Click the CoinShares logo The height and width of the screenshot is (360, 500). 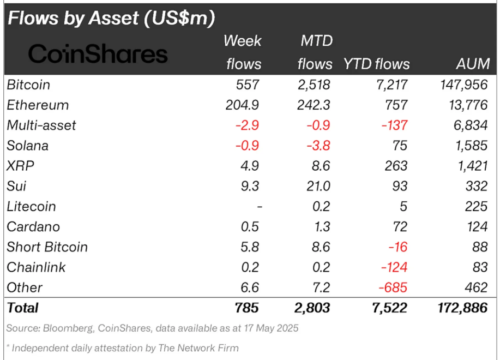[98, 53]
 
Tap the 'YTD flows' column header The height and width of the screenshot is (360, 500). [376, 64]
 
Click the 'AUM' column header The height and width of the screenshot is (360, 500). [473, 64]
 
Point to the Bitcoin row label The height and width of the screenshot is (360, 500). [28, 85]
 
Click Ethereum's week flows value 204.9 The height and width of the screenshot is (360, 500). [242, 105]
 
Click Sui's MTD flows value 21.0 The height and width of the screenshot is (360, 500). [318, 186]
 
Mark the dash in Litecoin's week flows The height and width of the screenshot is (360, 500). [260, 207]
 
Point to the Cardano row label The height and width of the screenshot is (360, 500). [33, 227]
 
